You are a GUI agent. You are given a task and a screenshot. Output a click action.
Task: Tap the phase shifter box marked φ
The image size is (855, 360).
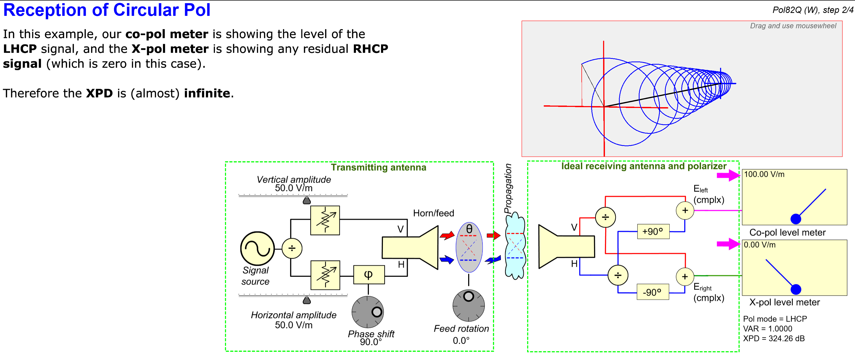[x=369, y=275]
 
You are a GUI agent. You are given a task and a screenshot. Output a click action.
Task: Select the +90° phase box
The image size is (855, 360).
[x=653, y=231]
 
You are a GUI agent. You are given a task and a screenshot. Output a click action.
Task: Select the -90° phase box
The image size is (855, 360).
[x=652, y=292]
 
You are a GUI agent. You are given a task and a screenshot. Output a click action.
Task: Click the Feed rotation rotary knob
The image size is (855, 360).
[x=468, y=305]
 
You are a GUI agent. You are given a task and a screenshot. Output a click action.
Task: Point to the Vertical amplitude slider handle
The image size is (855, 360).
[x=307, y=200]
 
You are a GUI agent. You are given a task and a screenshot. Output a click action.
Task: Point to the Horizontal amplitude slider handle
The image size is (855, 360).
[x=307, y=300]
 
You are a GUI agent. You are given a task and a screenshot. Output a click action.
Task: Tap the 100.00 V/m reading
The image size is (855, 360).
[x=764, y=174]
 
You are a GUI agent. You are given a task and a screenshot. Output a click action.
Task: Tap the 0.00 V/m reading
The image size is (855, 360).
[x=759, y=245]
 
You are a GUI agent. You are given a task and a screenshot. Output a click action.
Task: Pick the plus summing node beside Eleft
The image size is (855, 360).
[x=685, y=210]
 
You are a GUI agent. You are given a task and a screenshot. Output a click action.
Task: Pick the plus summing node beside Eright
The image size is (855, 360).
[x=685, y=276]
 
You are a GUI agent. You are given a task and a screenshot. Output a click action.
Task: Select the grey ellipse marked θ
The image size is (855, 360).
[x=469, y=247]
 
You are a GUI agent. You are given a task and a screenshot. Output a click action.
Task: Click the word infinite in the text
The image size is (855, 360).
[x=207, y=93]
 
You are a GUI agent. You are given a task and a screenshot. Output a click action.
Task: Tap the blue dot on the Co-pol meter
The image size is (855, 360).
[x=796, y=219]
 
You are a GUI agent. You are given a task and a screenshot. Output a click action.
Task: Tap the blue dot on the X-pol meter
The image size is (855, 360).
[x=796, y=289]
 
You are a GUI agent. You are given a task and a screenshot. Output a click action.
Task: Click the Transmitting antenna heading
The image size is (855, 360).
[x=378, y=167]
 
